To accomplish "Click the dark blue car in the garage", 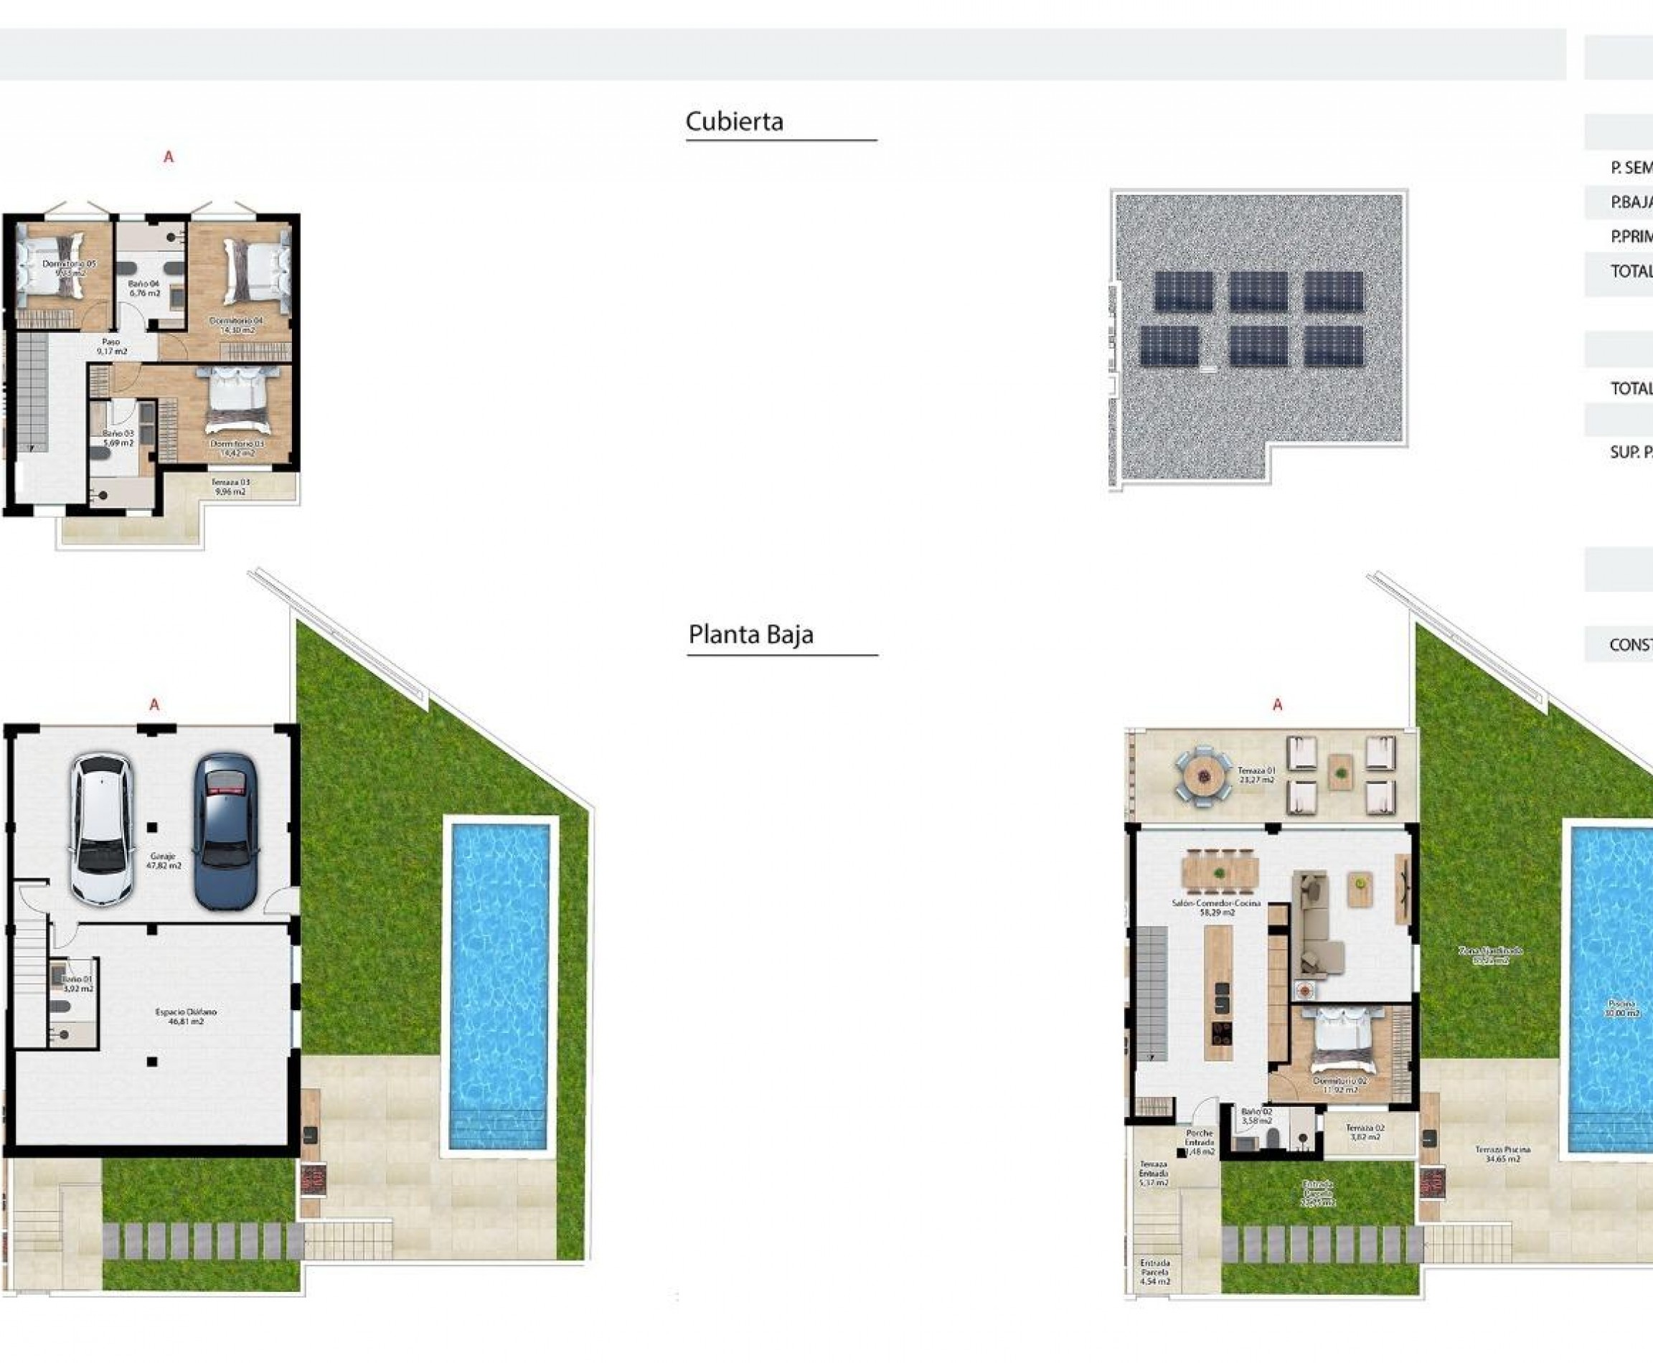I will [226, 831].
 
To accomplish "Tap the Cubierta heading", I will [734, 122].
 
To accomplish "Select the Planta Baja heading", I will [750, 634].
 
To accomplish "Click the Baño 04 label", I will [144, 288].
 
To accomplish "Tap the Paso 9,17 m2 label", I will [111, 347].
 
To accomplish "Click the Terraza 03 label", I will [230, 487].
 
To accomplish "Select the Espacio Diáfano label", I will [185, 1017].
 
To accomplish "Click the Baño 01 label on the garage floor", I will [77, 984].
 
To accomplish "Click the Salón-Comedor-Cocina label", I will [1215, 907].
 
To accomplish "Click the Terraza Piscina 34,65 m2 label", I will [1502, 1154].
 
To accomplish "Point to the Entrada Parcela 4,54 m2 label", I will [1154, 1273].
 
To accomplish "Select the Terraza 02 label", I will [1365, 1132].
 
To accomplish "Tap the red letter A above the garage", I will [155, 705].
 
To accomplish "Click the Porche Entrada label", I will [1199, 1141].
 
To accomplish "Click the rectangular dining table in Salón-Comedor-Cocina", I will [1220, 872].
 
